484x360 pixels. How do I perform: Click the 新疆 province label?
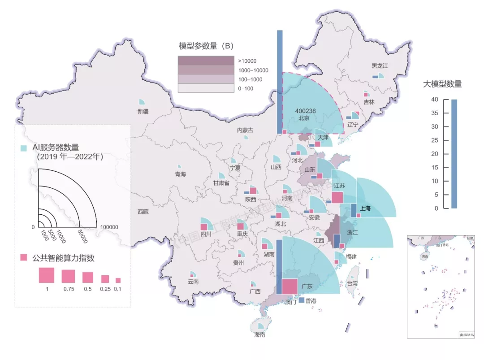tap(143, 111)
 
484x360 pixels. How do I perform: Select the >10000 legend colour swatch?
tap(206, 61)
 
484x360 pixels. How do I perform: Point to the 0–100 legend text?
tap(246, 89)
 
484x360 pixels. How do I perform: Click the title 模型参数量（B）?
tap(206, 46)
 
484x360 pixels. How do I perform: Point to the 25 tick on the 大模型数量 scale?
tap(434, 140)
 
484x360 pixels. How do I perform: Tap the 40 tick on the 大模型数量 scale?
tap(434, 100)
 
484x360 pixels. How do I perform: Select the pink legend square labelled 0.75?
tap(68, 276)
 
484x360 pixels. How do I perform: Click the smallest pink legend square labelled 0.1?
tap(118, 280)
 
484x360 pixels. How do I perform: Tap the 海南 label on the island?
tap(259, 334)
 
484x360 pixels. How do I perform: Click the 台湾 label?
tap(352, 283)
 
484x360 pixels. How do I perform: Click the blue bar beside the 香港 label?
tap(301, 300)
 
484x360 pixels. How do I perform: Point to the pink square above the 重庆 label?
tap(241, 226)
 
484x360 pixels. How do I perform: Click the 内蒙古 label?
tap(245, 130)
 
